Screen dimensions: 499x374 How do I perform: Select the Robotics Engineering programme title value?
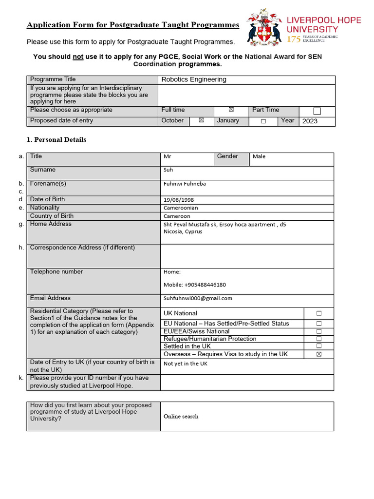[x=194, y=79]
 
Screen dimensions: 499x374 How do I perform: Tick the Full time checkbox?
[x=231, y=110]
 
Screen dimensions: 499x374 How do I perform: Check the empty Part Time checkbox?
[x=317, y=111]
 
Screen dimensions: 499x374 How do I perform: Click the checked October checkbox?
[x=201, y=120]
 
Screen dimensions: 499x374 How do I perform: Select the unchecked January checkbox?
[x=263, y=121]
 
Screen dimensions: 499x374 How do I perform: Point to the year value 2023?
[x=310, y=121]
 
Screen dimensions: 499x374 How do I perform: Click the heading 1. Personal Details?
[x=56, y=140]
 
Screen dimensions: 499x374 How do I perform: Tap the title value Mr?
[x=168, y=156]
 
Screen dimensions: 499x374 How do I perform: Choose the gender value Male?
[x=259, y=156]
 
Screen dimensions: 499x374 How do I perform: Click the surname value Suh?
[x=168, y=170]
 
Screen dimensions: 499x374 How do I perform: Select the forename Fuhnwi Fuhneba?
[x=185, y=184]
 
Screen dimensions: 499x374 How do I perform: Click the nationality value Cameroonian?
[x=181, y=208]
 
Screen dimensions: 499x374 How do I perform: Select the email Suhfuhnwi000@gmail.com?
[x=198, y=298]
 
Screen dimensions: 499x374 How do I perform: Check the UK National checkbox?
[x=319, y=313]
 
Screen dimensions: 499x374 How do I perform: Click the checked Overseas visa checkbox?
[x=319, y=354]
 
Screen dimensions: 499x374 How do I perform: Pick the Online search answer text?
[x=181, y=417]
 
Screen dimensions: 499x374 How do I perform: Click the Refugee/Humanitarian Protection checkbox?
[x=319, y=339]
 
